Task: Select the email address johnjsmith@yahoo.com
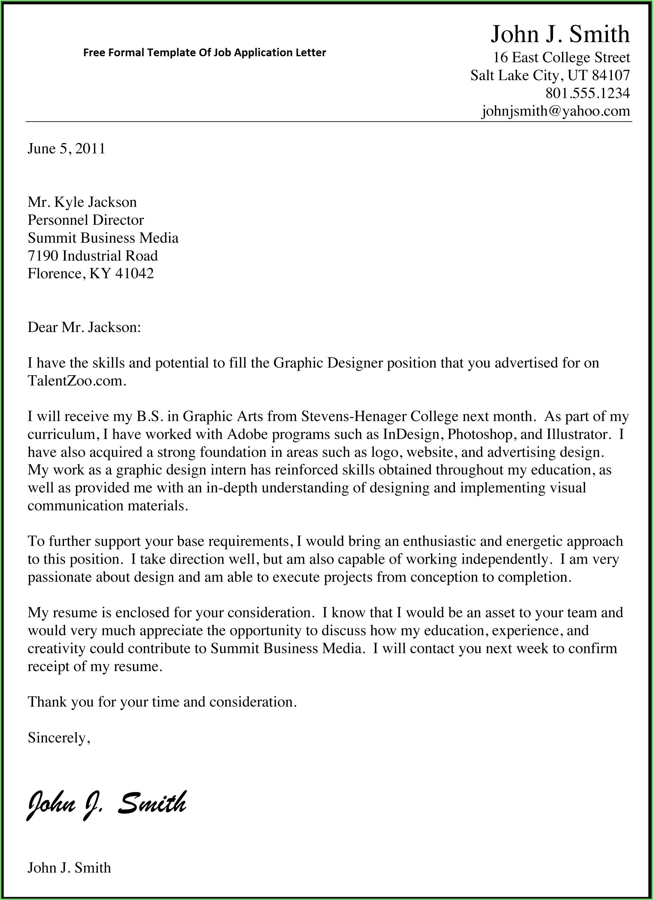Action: pos(556,111)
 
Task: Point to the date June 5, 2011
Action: pos(66,148)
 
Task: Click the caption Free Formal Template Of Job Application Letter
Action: pos(204,52)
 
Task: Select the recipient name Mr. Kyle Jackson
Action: pos(82,202)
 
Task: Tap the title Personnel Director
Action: pos(86,220)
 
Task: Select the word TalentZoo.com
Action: pos(77,381)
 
